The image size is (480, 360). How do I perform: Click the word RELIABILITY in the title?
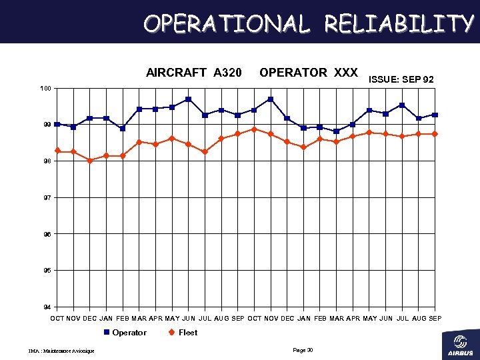(x=399, y=24)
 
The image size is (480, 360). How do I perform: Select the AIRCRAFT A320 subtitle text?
(x=194, y=72)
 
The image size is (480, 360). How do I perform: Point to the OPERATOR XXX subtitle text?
(x=309, y=72)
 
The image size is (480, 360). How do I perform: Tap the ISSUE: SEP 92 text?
(x=401, y=79)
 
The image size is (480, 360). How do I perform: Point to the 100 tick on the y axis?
(x=45, y=89)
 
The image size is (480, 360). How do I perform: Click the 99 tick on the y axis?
(x=47, y=125)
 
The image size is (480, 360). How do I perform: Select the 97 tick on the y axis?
(x=47, y=198)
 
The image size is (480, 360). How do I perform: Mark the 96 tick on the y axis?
(x=47, y=234)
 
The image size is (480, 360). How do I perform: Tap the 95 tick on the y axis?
(x=47, y=271)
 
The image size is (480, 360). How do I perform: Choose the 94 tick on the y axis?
(x=47, y=307)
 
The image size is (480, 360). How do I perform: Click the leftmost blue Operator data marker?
(x=57, y=125)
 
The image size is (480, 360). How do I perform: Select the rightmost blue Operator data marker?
(x=435, y=115)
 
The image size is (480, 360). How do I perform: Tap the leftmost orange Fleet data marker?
(x=58, y=151)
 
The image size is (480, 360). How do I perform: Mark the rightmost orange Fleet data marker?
(x=435, y=134)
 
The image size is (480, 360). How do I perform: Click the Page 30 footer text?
(x=303, y=350)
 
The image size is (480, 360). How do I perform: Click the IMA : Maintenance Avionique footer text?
(x=61, y=351)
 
